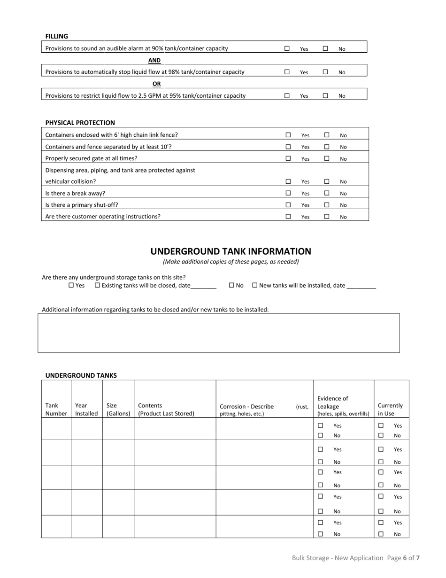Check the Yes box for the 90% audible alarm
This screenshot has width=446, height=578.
pyautogui.click(x=287, y=48)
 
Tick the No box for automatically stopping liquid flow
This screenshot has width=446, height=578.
pyautogui.click(x=325, y=72)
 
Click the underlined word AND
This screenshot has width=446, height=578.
pyautogui.click(x=154, y=60)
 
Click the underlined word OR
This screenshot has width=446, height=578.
pyautogui.click(x=156, y=84)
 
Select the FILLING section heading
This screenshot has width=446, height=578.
pyautogui.click(x=56, y=36)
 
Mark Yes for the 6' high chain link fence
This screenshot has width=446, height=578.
pyautogui.click(x=288, y=135)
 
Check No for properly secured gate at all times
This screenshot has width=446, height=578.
pyautogui.click(x=327, y=158)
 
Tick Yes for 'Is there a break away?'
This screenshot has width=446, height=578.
pyautogui.click(x=288, y=193)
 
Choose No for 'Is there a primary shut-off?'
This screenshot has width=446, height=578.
pyautogui.click(x=327, y=204)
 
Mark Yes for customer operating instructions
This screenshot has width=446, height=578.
pyautogui.click(x=288, y=216)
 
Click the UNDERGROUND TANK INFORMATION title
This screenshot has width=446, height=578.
pyautogui.click(x=231, y=251)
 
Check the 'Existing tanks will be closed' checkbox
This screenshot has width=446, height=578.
pyautogui.click(x=98, y=285)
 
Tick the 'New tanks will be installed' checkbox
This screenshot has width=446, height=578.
pyautogui.click(x=255, y=285)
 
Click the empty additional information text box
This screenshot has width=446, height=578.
pyautogui.click(x=218, y=333)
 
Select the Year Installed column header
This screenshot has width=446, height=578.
pyautogui.click(x=86, y=409)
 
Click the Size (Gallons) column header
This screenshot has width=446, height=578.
pyautogui.click(x=118, y=409)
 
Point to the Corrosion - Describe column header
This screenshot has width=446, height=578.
pyautogui.click(x=247, y=406)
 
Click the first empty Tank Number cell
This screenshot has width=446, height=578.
pyautogui.click(x=56, y=429)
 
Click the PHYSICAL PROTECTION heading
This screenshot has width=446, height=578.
pyautogui.click(x=80, y=123)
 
